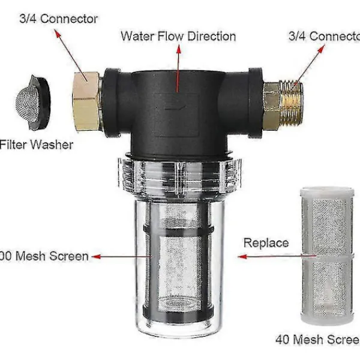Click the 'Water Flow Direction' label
pos(178,36)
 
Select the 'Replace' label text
pos(266,243)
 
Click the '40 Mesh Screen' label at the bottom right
pos(317,340)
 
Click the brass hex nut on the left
pos(88,99)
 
